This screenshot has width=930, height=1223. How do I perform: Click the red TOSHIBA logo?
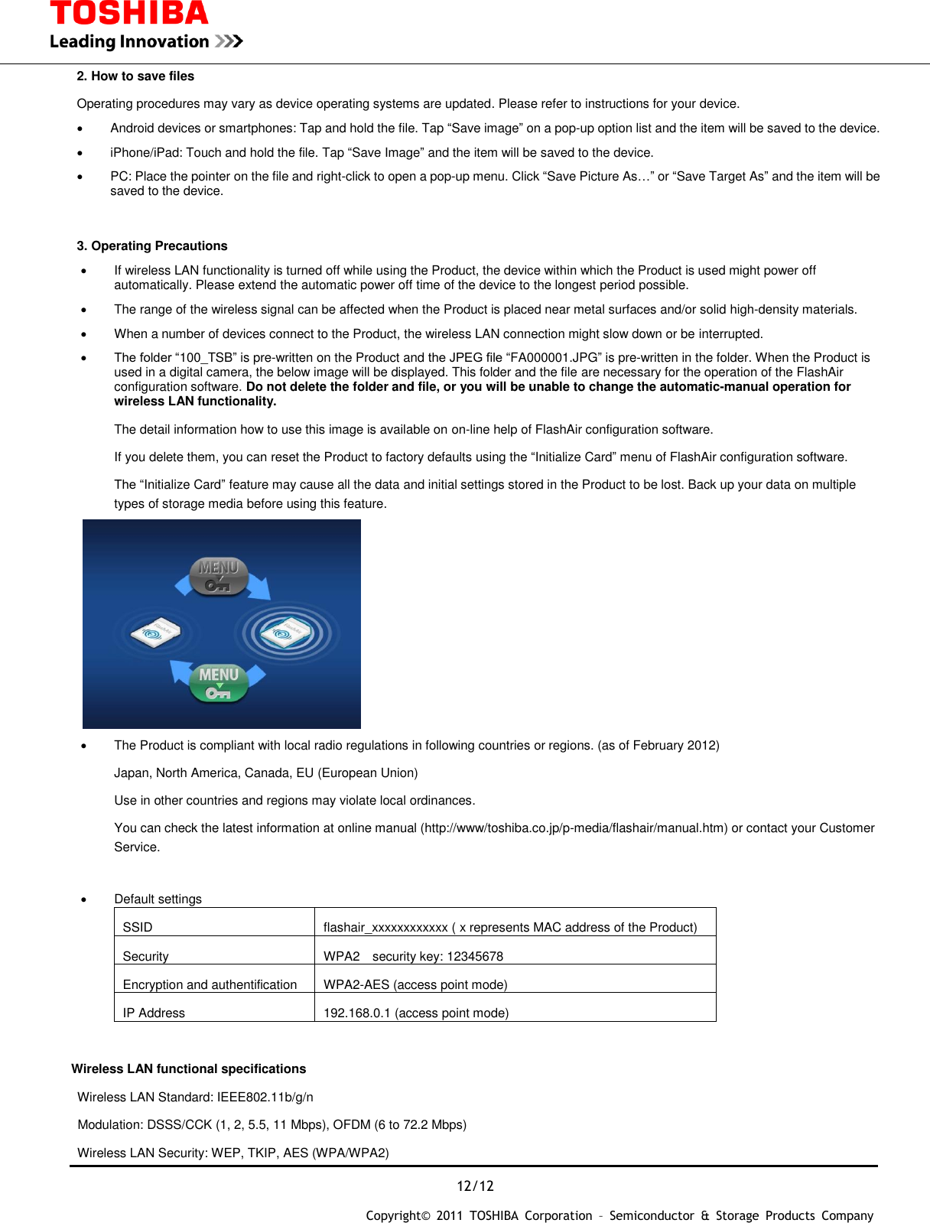(128, 13)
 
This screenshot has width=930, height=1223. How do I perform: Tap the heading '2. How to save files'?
(135, 76)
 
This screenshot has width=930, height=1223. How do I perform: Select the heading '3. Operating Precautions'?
(151, 246)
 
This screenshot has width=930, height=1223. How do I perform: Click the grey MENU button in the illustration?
(218, 576)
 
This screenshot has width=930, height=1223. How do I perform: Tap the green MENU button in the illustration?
(219, 683)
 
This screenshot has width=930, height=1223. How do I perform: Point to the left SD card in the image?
(155, 632)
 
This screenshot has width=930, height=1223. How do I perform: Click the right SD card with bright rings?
(286, 633)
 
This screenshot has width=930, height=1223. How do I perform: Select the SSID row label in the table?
(138, 927)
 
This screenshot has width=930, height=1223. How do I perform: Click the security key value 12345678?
(475, 956)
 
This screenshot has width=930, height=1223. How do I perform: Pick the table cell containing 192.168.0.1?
(415, 1013)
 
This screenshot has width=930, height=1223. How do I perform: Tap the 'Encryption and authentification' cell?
(210, 984)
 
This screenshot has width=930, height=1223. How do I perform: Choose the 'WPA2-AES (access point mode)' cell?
(415, 984)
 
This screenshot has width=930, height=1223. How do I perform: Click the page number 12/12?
(475, 1186)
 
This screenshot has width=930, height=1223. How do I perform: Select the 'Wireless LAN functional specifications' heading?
(188, 1068)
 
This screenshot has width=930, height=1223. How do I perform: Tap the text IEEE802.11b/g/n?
(265, 1097)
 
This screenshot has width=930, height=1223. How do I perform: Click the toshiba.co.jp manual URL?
(574, 828)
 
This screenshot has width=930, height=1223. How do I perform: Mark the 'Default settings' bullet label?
(158, 899)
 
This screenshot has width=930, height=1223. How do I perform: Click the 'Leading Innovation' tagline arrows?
(229, 41)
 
